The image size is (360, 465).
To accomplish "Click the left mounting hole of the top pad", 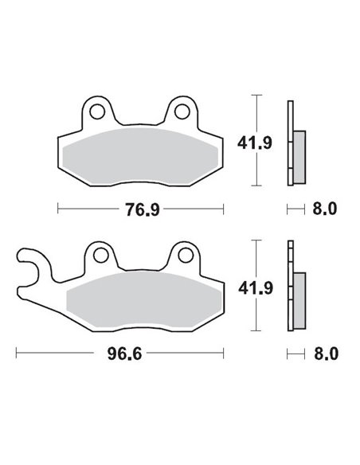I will tap(97, 110).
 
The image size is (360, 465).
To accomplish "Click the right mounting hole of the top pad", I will tap(182, 110).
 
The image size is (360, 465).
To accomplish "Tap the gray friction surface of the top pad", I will tap(140, 154).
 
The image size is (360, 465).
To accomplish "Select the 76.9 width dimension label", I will tap(140, 209).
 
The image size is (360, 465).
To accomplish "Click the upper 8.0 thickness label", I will tap(326, 209).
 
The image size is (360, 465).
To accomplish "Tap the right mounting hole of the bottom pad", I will tap(184, 255).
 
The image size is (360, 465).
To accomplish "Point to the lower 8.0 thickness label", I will tap(326, 352).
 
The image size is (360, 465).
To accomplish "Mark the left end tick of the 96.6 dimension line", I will tap(18, 352).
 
